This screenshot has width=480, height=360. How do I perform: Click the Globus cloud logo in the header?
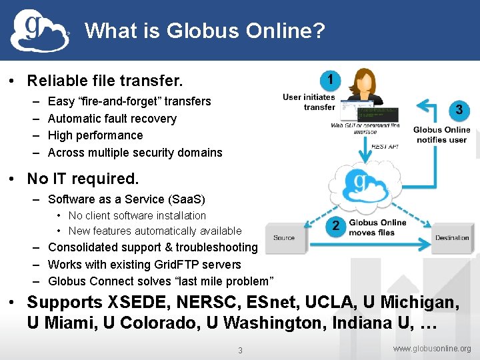[40, 31]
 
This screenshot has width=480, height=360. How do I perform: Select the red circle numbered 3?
[459, 109]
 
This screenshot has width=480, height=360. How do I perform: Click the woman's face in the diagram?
[365, 79]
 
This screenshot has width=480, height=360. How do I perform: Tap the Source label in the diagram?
[284, 238]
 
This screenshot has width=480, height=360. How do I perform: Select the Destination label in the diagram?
[452, 238]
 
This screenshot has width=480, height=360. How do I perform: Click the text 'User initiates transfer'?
[309, 102]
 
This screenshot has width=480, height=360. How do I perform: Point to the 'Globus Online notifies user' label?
[441, 135]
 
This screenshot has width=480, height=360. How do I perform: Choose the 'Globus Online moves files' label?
[377, 227]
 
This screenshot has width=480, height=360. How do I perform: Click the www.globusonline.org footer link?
[432, 349]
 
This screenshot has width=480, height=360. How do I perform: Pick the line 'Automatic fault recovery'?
[112, 119]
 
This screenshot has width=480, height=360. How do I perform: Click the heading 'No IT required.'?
[83, 179]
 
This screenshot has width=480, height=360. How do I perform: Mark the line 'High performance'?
[95, 135]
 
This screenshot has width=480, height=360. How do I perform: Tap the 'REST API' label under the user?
[385, 146]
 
